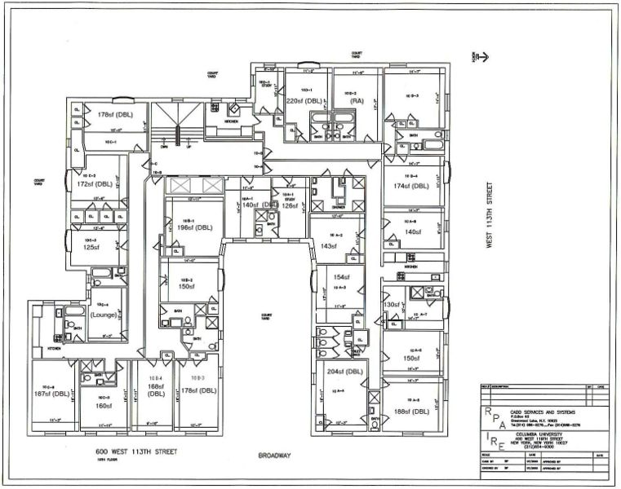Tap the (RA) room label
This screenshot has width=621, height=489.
tap(357, 102)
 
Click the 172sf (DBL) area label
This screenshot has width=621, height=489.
tap(92, 185)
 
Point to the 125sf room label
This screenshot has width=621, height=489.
tap(91, 247)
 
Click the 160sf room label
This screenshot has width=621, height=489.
tap(104, 405)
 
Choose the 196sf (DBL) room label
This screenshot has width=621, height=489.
tap(194, 227)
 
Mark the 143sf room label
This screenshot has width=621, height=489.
tap(329, 245)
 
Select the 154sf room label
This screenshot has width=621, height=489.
tap(340, 278)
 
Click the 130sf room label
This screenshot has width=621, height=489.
tap(393, 304)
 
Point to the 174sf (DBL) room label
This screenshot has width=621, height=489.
tap(410, 186)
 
